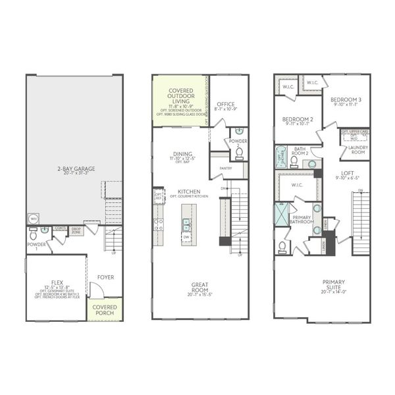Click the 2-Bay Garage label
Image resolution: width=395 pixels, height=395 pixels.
(x=76, y=169)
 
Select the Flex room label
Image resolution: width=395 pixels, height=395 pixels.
(x=55, y=282)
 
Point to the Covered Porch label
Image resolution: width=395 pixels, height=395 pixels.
(x=105, y=310)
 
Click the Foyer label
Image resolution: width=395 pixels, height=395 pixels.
(x=105, y=277)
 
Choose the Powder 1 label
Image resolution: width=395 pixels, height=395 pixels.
(x=37, y=246)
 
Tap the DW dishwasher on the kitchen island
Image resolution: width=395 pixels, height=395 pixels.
(x=186, y=236)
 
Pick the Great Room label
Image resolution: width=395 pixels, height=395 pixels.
(x=200, y=288)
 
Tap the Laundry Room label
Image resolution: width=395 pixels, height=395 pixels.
(x=358, y=149)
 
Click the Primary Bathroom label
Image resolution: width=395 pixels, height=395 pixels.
(x=302, y=219)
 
